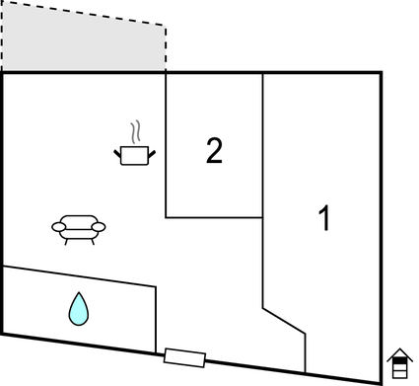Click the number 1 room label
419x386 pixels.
(x=322, y=218)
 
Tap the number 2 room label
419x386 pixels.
(x=214, y=150)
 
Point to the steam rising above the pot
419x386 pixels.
(x=138, y=132)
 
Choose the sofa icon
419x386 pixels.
(x=78, y=228)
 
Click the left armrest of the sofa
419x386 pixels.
(x=57, y=228)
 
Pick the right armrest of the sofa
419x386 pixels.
(x=100, y=227)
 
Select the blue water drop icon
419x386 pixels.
(x=78, y=308)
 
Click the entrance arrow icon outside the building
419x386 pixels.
(x=398, y=362)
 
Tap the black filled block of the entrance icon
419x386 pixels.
(x=398, y=370)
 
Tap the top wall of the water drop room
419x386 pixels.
(x=79, y=277)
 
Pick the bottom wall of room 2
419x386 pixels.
(x=214, y=217)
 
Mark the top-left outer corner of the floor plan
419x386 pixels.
(x=3, y=73)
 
